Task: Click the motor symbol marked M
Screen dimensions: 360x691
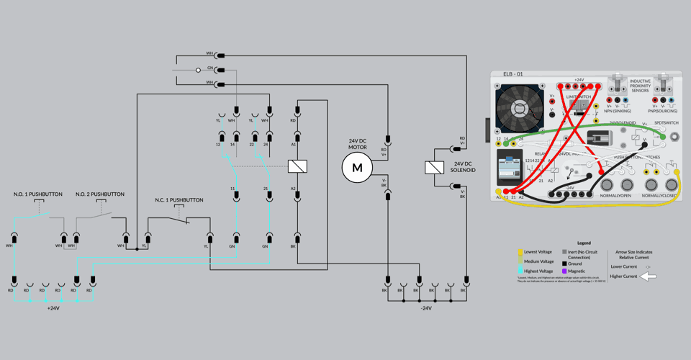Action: (357, 168)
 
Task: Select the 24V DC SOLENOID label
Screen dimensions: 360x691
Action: (463, 168)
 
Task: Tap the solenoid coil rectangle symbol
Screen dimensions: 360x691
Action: (434, 168)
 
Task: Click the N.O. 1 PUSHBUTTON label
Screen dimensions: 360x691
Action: (38, 194)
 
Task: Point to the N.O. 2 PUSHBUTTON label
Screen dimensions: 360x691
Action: (100, 194)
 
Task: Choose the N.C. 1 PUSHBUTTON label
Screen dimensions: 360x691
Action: (179, 200)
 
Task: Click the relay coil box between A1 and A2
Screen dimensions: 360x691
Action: (297, 166)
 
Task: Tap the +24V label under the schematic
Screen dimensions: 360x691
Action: (53, 308)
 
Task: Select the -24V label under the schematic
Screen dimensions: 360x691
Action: (426, 308)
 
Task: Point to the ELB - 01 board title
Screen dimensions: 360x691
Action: (513, 74)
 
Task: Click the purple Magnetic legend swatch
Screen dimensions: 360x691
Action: (565, 271)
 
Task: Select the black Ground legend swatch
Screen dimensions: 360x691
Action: (565, 264)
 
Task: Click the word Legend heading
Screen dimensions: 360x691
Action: (584, 243)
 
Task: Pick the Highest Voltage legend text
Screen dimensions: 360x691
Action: (539, 271)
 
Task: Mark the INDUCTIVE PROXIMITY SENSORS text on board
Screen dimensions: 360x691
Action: (639, 86)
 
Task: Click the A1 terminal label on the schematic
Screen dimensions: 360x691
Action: (294, 144)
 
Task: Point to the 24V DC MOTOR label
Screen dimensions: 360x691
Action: (358, 145)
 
